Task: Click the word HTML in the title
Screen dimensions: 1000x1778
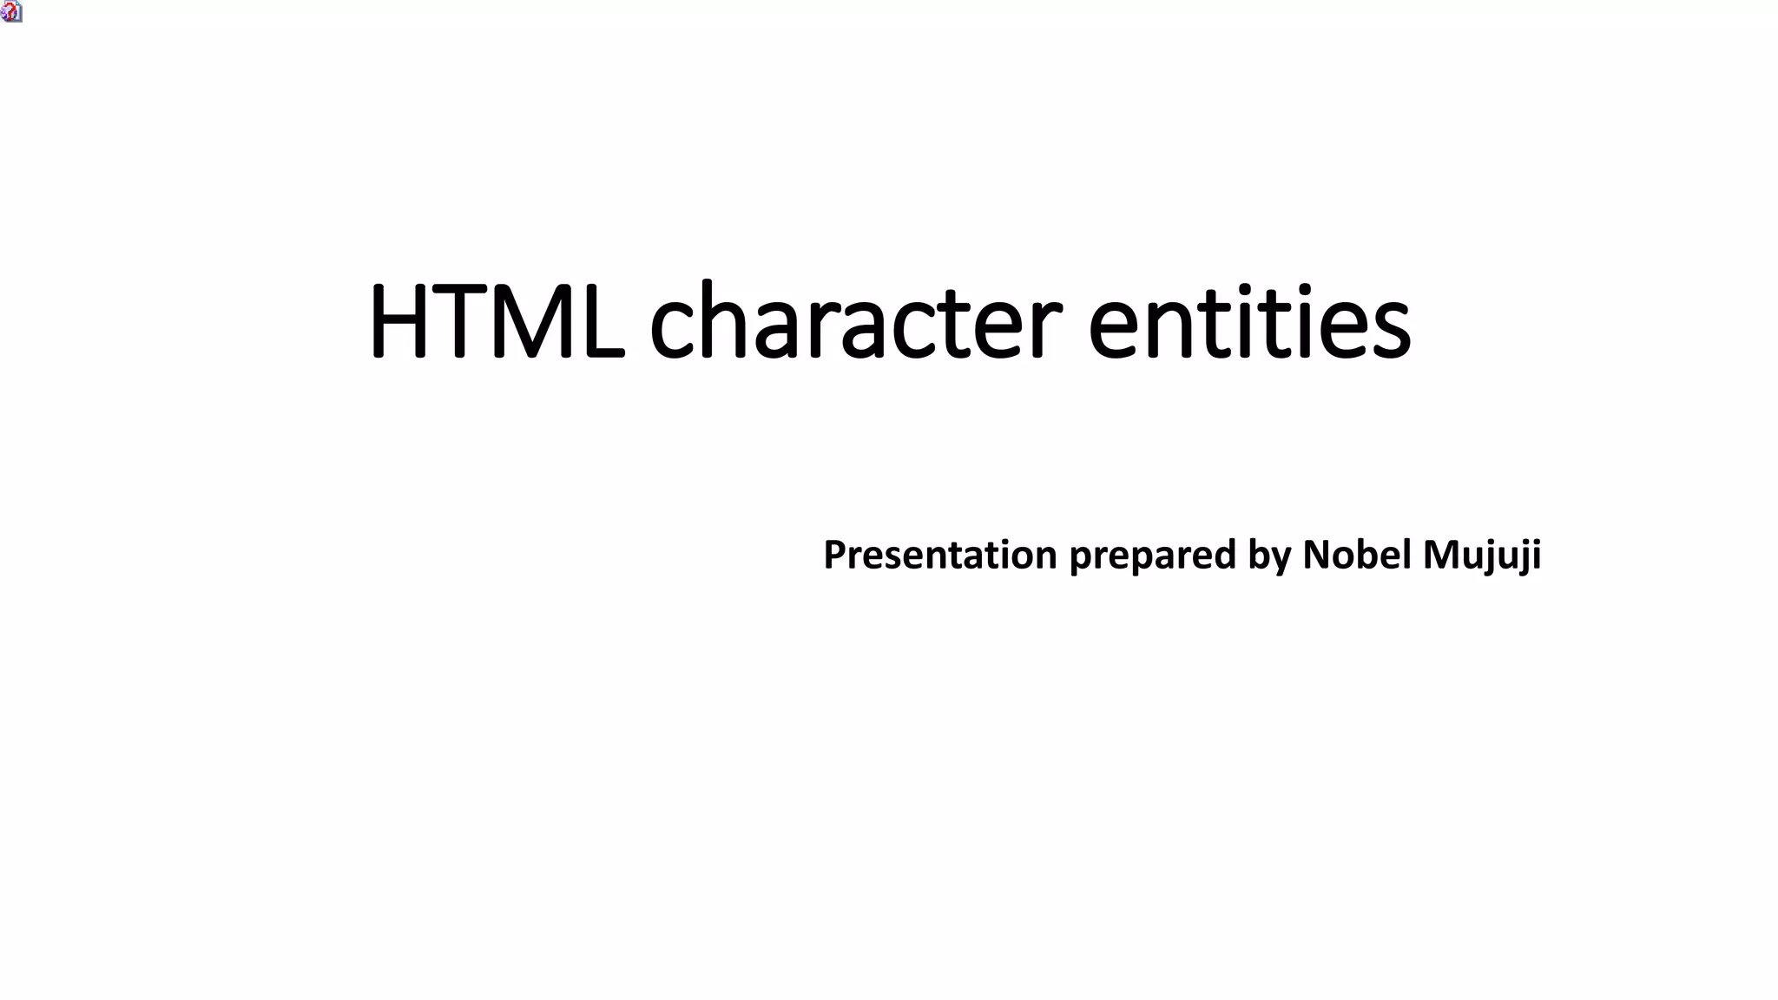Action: [496, 321]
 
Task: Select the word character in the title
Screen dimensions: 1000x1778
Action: [855, 321]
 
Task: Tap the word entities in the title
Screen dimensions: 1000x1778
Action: [1249, 321]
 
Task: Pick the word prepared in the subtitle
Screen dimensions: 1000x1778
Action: [1152, 556]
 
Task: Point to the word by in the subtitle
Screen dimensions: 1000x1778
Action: [1269, 556]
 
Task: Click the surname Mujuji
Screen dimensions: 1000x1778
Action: [1482, 556]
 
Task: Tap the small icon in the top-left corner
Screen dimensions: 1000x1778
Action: [11, 11]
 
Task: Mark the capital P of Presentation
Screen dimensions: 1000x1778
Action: [834, 555]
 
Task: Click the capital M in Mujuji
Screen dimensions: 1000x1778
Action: [1440, 555]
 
